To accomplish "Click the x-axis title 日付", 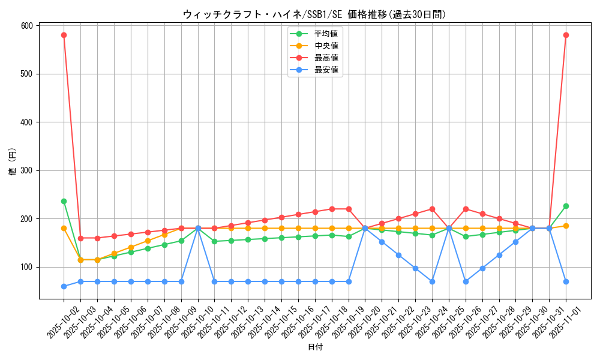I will point(315,347).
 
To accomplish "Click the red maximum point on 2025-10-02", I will point(64,35).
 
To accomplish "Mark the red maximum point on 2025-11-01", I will point(566,35).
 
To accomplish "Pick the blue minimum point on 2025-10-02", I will point(64,286).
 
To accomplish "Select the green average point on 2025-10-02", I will point(64,201).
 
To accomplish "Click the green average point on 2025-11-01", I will point(566,206).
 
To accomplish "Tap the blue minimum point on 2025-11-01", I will point(566,281).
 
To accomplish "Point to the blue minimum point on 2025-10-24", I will point(432,281).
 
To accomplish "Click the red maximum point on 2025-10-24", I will point(432,209).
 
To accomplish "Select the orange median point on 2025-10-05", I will point(114,253).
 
